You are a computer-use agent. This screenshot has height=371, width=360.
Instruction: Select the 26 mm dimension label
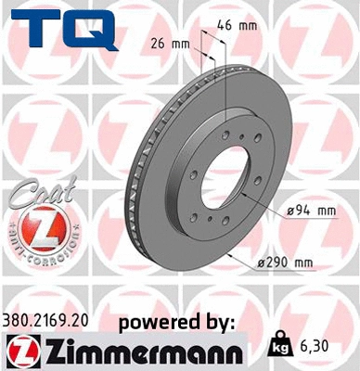[x=169, y=44]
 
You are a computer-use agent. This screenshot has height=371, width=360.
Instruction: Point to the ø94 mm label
[x=309, y=211]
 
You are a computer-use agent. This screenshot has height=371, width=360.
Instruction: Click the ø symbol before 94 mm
[x=289, y=211]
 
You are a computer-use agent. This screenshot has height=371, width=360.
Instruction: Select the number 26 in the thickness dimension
[x=157, y=44]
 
